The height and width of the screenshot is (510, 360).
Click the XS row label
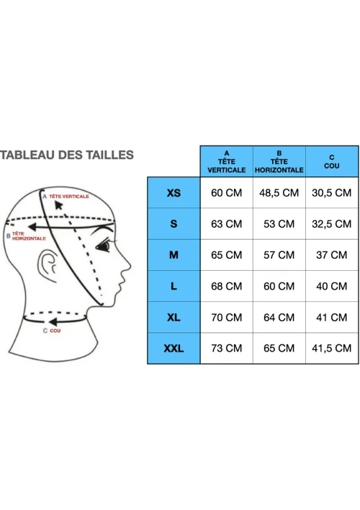(174, 193)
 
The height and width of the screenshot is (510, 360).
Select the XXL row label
(174, 349)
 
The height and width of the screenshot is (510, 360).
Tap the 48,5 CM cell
(279, 193)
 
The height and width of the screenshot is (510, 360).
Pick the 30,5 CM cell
(331, 193)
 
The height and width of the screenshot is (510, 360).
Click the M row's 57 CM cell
(279, 255)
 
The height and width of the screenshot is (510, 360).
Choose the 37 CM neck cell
(331, 255)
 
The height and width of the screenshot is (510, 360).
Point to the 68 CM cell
(226, 286)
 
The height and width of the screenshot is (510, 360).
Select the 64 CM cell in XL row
(279, 317)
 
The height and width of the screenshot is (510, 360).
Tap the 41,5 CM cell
(331, 349)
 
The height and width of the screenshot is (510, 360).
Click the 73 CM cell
(226, 349)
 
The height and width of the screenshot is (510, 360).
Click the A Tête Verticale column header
(226, 161)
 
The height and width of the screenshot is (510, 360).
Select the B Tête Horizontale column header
(279, 161)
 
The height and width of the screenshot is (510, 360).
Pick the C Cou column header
(331, 161)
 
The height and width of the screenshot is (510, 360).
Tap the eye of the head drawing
(104, 246)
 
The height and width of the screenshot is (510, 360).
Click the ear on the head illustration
(48, 263)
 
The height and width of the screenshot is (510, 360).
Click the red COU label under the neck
(55, 331)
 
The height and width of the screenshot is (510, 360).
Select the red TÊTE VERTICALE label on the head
(69, 197)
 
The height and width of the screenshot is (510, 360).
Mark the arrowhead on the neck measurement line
(53, 322)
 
